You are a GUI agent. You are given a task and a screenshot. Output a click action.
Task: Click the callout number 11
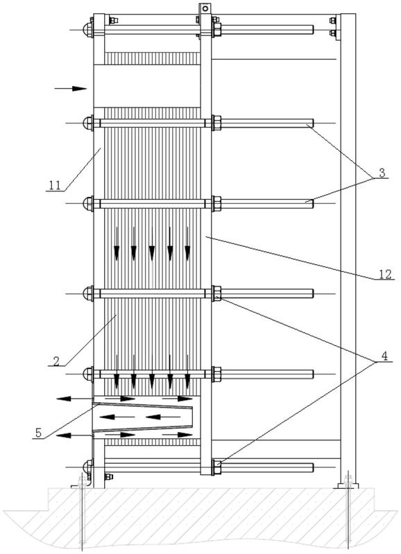55,186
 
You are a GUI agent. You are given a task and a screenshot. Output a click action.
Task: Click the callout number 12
385,274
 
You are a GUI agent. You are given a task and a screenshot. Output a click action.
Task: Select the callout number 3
382,173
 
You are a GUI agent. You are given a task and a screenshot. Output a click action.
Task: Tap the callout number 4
384,357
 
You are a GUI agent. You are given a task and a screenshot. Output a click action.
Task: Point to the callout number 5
39,432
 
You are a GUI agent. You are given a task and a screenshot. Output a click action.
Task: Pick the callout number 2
56,361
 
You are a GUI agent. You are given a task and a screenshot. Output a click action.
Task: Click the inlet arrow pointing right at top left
70,88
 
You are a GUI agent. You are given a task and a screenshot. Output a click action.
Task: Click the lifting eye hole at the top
205,8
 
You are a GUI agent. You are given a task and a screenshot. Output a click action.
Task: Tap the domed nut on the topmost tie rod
87,30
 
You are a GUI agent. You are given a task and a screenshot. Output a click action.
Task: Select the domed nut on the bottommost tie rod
87,467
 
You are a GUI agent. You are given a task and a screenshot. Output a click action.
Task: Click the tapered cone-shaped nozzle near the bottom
142,417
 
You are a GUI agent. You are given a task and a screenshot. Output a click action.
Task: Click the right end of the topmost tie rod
313,30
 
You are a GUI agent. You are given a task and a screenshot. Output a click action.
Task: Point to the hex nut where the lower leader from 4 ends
217,467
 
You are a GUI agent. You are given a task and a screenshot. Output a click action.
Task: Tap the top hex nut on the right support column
332,21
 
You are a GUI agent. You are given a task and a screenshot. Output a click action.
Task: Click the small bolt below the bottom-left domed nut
108,476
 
